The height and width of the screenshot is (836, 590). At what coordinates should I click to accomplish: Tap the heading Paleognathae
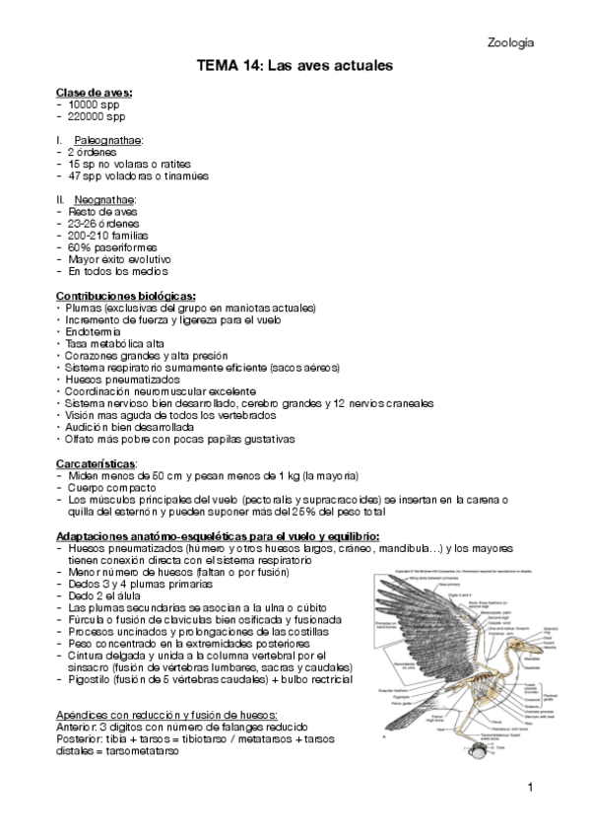[107, 141]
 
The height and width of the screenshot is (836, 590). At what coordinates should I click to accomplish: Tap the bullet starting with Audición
[126, 427]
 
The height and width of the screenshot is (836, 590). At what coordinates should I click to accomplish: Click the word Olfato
[83, 439]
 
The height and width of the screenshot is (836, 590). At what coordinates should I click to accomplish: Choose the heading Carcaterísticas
[97, 463]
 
